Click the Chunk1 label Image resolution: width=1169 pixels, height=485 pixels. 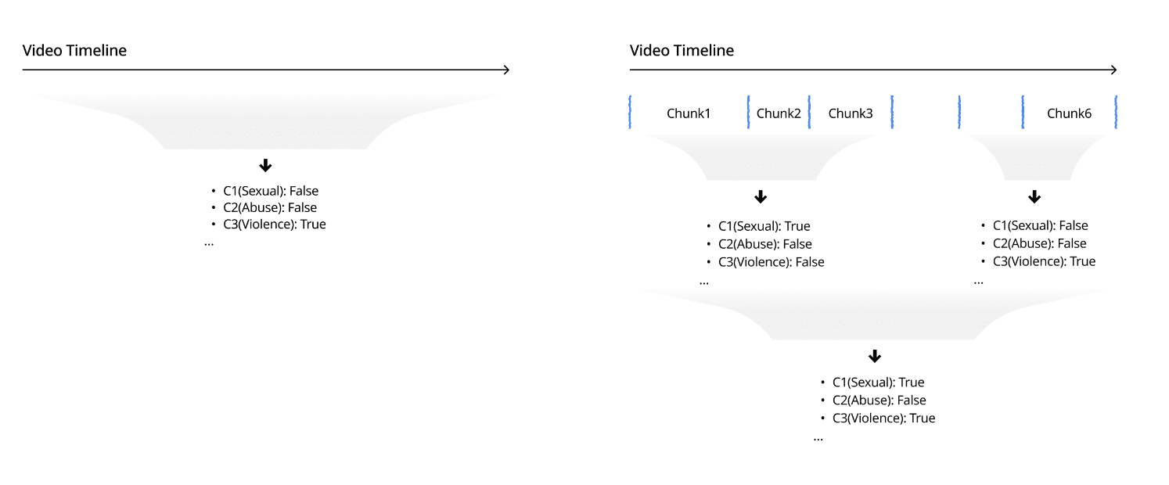689,113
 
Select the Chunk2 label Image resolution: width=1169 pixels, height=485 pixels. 779,113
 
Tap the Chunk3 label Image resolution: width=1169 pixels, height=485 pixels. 851,113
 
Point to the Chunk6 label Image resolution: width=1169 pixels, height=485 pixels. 1069,113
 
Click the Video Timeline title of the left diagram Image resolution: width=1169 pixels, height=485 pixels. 74,51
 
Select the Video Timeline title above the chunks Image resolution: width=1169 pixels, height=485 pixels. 682,51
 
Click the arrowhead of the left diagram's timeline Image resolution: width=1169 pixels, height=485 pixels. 505,70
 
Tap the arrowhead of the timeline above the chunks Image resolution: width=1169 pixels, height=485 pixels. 1113,70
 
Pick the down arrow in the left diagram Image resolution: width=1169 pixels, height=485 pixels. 265,165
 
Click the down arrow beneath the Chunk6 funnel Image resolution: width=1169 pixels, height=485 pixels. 1034,196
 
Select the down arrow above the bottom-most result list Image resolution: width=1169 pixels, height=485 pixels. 875,356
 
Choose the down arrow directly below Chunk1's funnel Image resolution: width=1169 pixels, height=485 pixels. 761,196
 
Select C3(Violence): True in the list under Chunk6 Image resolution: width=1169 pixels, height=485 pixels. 1044,261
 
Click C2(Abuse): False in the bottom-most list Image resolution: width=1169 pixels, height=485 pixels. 879,401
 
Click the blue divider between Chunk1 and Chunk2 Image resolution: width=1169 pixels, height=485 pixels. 748,112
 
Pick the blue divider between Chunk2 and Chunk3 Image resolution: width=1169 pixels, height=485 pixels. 809,112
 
